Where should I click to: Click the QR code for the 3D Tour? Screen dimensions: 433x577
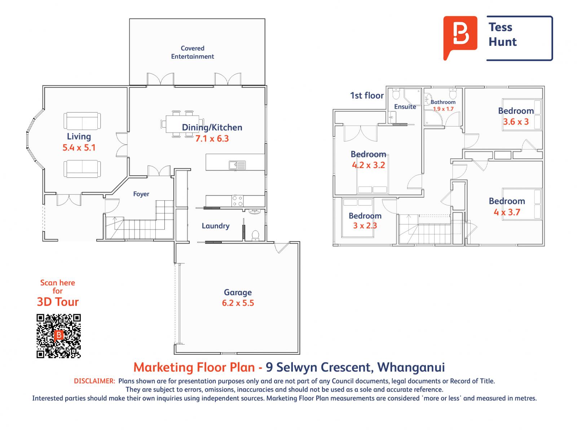click(x=58, y=336)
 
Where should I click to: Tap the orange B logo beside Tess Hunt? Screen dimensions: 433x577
click(x=460, y=37)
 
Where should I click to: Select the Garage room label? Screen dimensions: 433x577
click(x=238, y=292)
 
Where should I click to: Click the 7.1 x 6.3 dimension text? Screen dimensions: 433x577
click(x=212, y=139)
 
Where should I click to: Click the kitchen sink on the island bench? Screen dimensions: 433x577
click(x=237, y=165)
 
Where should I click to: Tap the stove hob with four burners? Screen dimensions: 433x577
click(x=237, y=201)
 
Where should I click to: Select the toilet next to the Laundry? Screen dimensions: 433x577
click(x=255, y=235)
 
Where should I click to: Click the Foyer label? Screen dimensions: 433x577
click(x=141, y=194)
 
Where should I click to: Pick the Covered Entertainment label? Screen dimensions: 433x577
click(x=193, y=52)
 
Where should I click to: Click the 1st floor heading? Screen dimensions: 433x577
click(x=367, y=96)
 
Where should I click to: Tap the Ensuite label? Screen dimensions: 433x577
click(x=405, y=107)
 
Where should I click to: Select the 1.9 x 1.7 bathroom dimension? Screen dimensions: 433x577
click(x=443, y=109)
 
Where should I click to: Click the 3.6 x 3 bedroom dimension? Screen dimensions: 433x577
click(x=516, y=122)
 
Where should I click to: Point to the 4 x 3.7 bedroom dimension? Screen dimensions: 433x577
click(x=507, y=212)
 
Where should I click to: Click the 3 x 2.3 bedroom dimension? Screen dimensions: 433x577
click(x=365, y=226)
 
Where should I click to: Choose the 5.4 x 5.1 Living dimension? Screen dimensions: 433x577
click(x=79, y=147)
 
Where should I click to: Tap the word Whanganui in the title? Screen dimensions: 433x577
click(x=411, y=367)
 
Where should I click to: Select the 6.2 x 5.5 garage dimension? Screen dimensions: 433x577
click(x=238, y=303)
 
